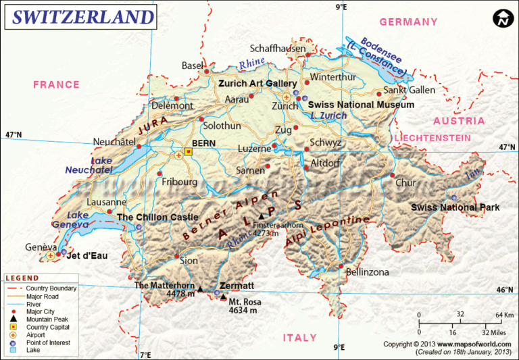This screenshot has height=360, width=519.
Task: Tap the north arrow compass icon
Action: point(502,19)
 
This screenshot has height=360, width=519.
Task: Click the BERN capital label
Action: point(203,144)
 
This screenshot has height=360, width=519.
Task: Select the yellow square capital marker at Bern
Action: point(188,153)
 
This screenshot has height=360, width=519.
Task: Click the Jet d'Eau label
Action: point(89,256)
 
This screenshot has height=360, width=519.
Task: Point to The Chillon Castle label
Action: point(157,217)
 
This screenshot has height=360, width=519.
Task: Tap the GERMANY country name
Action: point(408,22)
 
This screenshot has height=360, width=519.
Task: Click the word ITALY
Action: point(299,338)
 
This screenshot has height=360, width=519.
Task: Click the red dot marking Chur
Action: point(392,175)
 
